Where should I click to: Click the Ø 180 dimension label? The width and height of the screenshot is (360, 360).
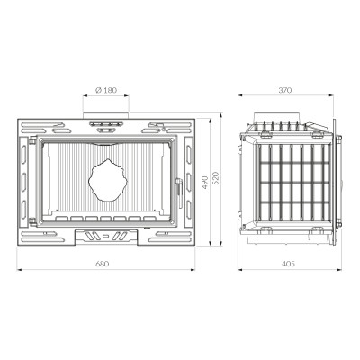click(106, 90)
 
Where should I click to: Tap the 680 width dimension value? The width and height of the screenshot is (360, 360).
click(103, 264)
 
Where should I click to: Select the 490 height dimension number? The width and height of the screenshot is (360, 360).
click(204, 182)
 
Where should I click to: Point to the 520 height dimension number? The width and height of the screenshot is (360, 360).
click(216, 178)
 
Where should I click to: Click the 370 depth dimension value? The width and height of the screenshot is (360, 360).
click(285, 90)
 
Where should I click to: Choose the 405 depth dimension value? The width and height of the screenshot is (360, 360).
click(289, 264)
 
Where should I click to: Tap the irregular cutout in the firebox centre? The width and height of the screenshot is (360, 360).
click(108, 180)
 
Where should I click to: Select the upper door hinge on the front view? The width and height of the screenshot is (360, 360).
click(32, 139)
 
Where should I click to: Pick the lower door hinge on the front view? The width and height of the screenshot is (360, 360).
click(32, 222)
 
